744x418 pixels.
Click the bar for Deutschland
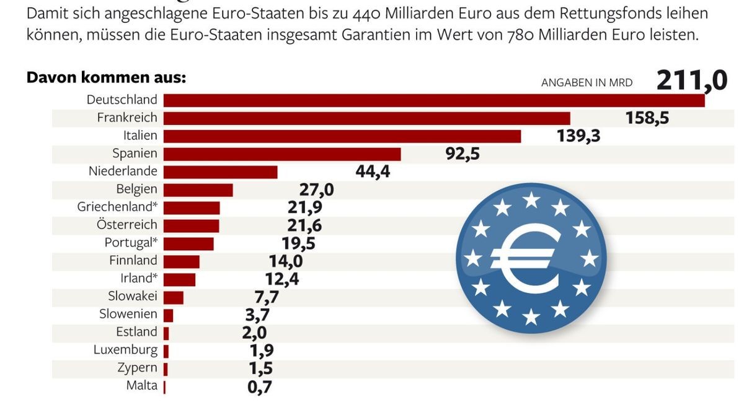point(434,100)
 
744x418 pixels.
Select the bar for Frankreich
point(366,118)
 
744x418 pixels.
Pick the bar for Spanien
point(282,154)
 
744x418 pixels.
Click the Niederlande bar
point(220,172)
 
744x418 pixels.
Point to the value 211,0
point(691,81)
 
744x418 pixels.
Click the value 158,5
point(647,118)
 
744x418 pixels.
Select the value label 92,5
point(463,154)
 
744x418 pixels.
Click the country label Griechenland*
point(117,207)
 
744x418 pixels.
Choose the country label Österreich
point(126,225)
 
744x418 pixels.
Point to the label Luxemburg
point(125,350)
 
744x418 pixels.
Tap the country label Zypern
point(137,368)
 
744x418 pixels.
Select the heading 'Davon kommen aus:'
point(106,79)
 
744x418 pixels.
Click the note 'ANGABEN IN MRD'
point(587,83)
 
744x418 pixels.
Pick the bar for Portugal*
point(188,243)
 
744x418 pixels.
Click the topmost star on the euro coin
point(531,200)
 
